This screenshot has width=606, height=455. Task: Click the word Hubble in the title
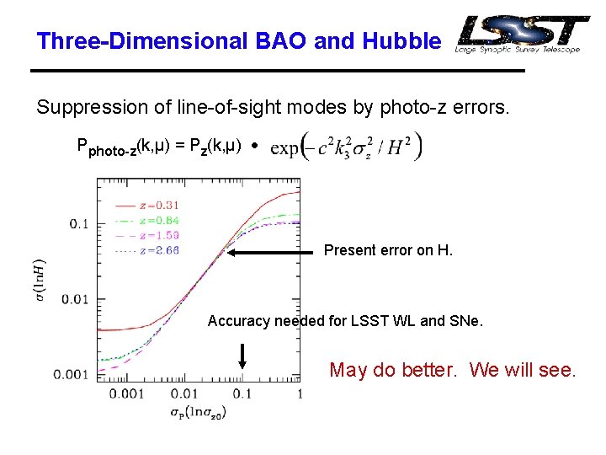pyautogui.click(x=401, y=40)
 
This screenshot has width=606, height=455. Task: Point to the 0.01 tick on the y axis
pyautogui.click(x=74, y=299)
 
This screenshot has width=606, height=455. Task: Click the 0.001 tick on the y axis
pyautogui.click(x=71, y=374)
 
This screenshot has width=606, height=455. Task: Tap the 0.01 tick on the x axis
pyautogui.click(x=184, y=393)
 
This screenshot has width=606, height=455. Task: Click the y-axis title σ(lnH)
pyautogui.click(x=40, y=281)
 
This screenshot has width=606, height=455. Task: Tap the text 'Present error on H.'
pyautogui.click(x=388, y=250)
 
